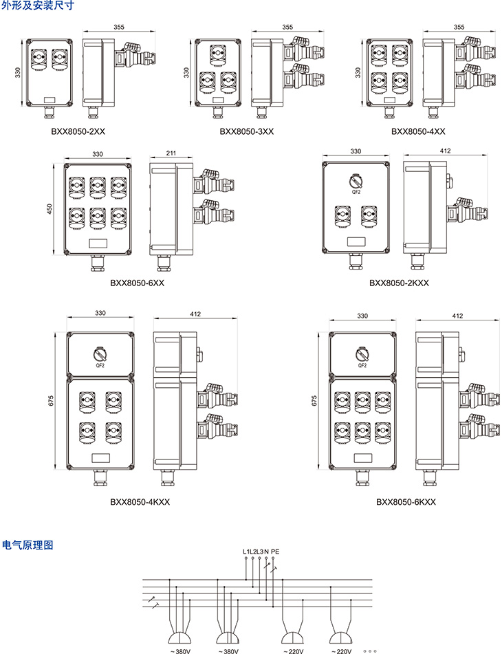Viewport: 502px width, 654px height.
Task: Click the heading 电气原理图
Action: coord(28,545)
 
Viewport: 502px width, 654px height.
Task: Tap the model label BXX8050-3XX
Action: coord(247,131)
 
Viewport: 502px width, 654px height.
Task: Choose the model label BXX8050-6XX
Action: coord(138,283)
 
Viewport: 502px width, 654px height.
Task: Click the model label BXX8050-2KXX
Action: coord(399,283)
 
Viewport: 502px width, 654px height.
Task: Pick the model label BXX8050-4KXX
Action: coord(140,502)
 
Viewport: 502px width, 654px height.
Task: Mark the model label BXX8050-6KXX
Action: coord(406,502)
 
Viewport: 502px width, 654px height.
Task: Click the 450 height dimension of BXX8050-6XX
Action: coord(50,209)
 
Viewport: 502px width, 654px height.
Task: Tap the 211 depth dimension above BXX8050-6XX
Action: coord(171,153)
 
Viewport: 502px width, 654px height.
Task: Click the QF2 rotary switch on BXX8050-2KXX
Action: coord(356,182)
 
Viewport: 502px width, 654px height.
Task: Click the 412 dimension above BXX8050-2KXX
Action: coord(445,151)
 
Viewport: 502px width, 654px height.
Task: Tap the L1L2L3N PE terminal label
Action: coord(261,552)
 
